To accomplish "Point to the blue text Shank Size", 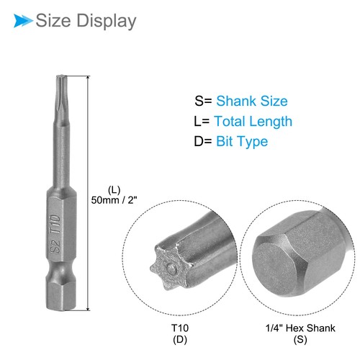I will [x=252, y=102].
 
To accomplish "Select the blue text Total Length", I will [x=253, y=122].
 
